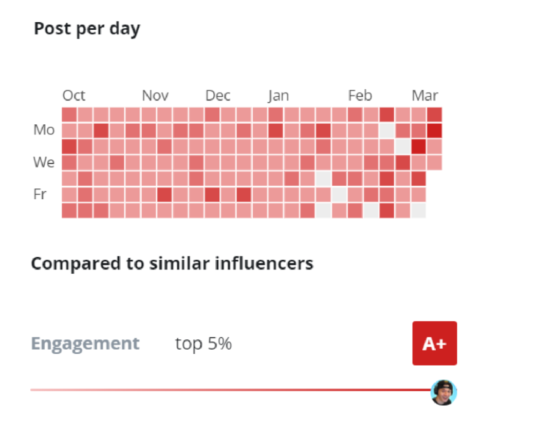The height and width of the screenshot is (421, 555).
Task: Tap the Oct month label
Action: pyautogui.click(x=74, y=95)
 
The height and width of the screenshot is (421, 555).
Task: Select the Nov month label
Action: pyautogui.click(x=155, y=95)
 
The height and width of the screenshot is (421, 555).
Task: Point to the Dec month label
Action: pyautogui.click(x=218, y=95)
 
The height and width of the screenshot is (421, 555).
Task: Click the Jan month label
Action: pyautogui.click(x=278, y=95)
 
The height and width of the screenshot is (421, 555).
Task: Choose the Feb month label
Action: pyautogui.click(x=360, y=95)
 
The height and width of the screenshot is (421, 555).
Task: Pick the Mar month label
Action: pyautogui.click(x=424, y=95)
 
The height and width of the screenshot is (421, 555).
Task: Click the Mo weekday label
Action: pyautogui.click(x=44, y=130)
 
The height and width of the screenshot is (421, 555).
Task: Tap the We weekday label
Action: pyautogui.click(x=44, y=163)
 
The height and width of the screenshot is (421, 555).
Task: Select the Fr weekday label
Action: pyautogui.click(x=40, y=195)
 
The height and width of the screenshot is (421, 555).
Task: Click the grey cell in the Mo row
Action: pyautogui.click(x=387, y=130)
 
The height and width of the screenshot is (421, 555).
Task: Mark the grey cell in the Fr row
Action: pyautogui.click(x=339, y=195)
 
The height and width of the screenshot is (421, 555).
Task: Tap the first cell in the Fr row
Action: pyautogui.click(x=69, y=195)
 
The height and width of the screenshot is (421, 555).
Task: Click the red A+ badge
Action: pyautogui.click(x=434, y=343)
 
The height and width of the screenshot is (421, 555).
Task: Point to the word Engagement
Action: pyautogui.click(x=85, y=343)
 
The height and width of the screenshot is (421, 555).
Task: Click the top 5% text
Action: pyautogui.click(x=203, y=343)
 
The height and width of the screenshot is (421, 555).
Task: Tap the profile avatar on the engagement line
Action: pyautogui.click(x=443, y=393)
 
